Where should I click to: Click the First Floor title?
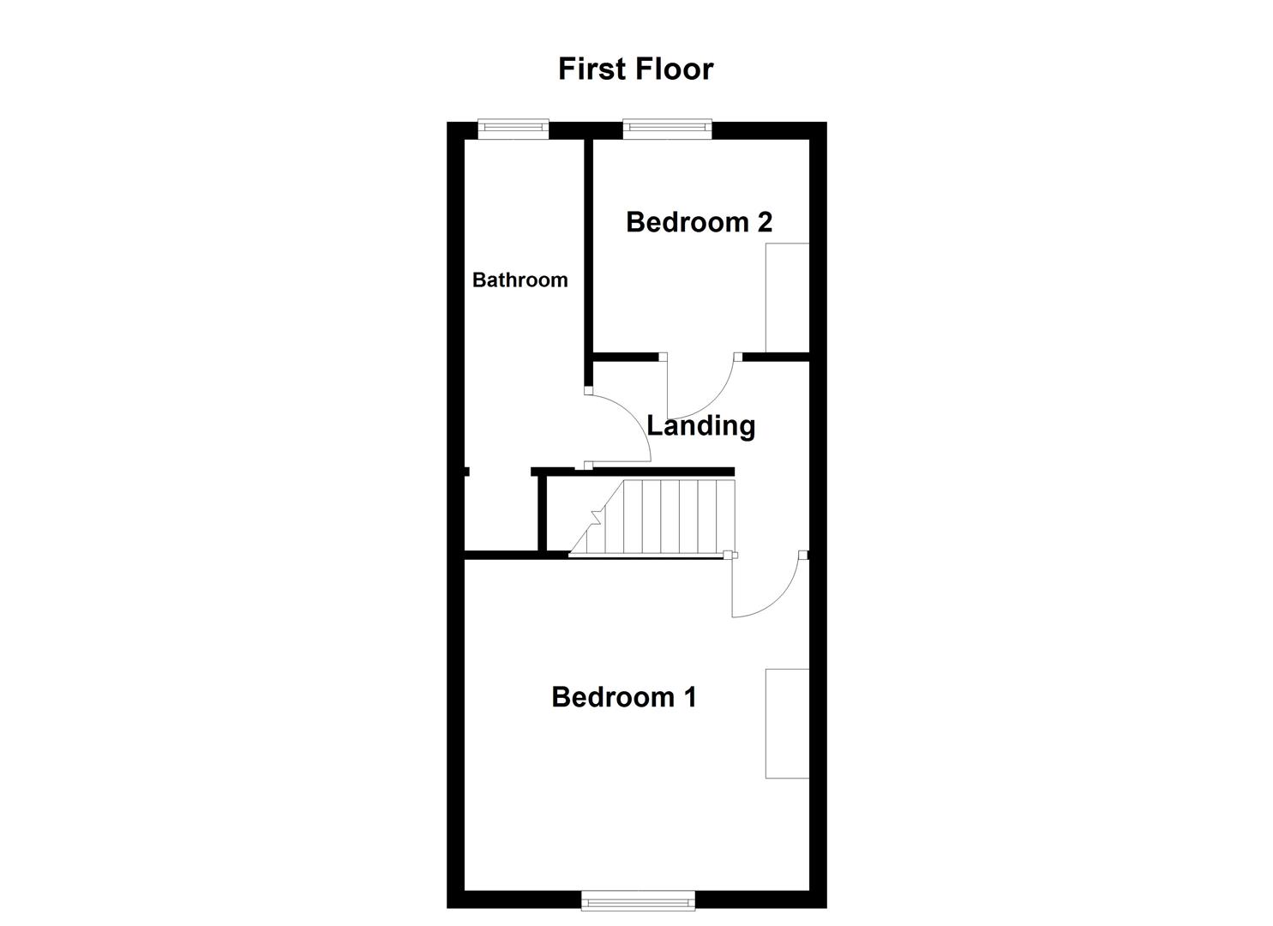click(635, 69)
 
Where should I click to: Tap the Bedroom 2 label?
click(699, 222)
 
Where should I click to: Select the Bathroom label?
click(519, 280)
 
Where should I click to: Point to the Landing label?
click(700, 425)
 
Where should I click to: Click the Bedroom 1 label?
click(623, 697)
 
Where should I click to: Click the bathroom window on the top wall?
click(513, 129)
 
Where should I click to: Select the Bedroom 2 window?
click(667, 129)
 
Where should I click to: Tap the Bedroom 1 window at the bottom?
click(638, 899)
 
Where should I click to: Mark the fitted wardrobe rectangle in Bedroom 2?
click(787, 297)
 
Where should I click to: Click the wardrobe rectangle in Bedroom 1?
click(787, 723)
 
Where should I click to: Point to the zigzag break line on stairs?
click(595, 517)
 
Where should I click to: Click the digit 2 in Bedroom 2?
click(763, 222)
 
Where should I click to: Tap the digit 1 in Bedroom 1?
click(688, 697)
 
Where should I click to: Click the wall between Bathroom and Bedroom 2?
click(589, 249)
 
